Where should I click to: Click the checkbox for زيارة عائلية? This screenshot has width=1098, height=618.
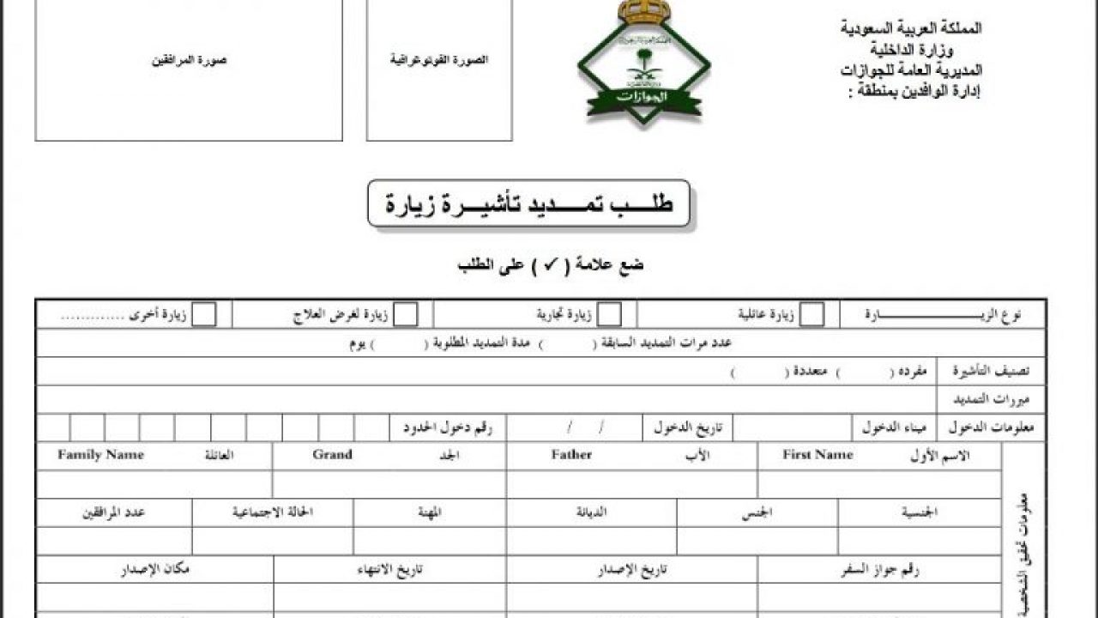pos(811,315)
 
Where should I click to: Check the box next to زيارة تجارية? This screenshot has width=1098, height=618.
pos(609,315)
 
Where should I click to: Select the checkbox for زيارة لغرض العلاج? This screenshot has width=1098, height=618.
pos(406,315)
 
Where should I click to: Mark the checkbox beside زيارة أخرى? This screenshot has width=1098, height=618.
pos(204,315)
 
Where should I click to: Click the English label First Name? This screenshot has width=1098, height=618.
pos(817,455)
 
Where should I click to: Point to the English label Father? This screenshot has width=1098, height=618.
pos(571,455)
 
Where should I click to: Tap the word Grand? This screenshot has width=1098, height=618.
pos(332,455)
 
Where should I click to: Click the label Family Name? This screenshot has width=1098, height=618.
pos(100,455)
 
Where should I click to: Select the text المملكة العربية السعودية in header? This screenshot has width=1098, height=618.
pos(911,28)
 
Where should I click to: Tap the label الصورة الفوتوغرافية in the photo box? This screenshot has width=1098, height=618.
pos(439,60)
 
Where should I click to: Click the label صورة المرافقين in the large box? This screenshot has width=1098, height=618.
pos(189,61)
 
